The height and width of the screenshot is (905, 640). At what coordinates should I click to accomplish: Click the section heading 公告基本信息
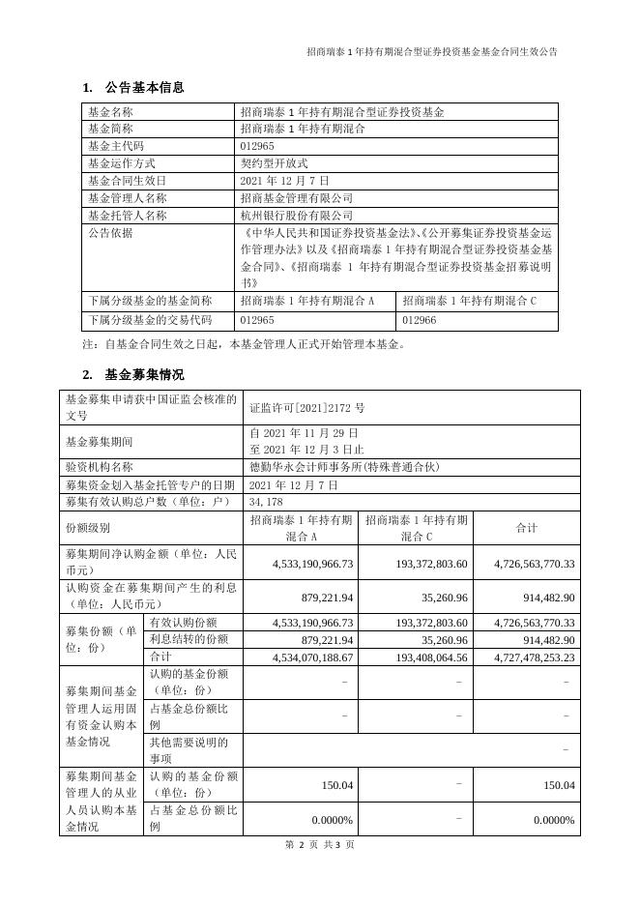(144, 88)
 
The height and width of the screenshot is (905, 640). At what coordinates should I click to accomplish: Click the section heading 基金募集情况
(144, 375)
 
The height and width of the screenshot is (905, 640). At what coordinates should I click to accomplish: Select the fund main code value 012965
(257, 146)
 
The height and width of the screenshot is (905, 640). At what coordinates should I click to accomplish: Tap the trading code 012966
(420, 319)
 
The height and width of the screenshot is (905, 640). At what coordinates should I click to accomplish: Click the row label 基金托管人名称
(127, 216)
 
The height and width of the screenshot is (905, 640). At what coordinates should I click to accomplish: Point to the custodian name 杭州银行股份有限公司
(296, 216)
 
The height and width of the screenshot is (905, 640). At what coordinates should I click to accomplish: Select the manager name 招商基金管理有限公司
(296, 198)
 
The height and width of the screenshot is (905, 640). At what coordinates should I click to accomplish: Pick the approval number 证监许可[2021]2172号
(306, 408)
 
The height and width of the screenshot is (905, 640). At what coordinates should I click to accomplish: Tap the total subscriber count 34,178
(267, 502)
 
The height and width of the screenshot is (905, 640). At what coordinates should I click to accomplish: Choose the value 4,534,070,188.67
(300, 657)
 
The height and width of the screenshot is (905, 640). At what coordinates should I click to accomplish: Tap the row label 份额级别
(88, 528)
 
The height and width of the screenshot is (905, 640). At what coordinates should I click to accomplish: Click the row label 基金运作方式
(121, 163)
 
